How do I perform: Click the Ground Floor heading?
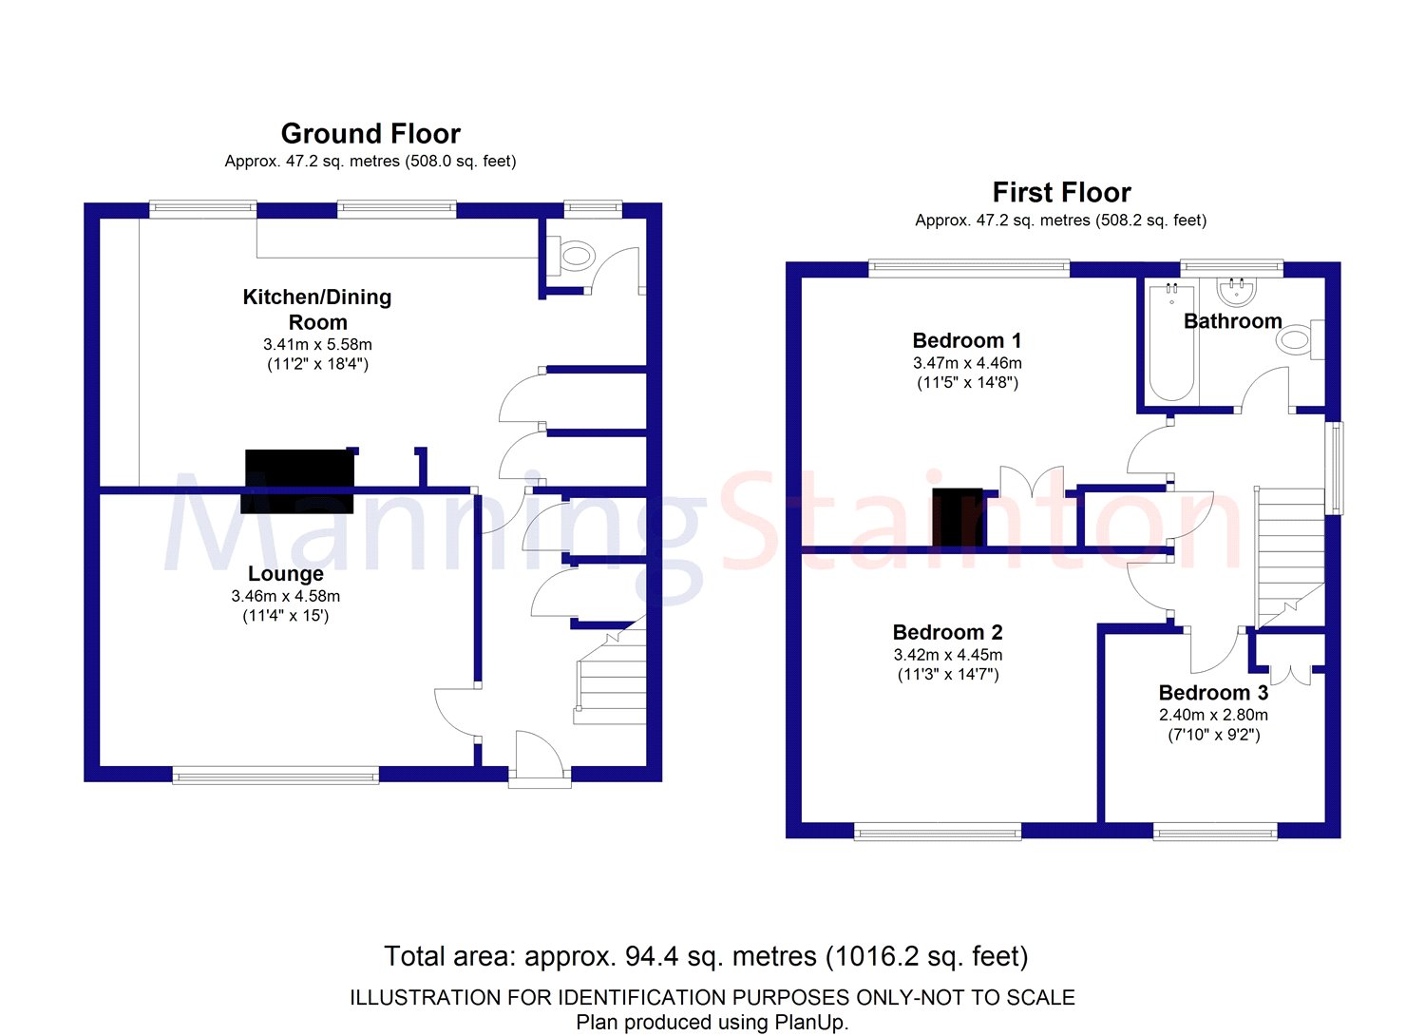[x=370, y=134]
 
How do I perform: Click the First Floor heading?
[x=1061, y=193]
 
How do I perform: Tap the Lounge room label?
[x=285, y=574]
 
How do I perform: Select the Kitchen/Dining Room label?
[x=316, y=309]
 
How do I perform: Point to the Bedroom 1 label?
[x=966, y=340]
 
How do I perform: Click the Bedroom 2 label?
[x=947, y=632]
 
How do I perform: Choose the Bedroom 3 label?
[x=1213, y=693]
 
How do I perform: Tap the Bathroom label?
[x=1232, y=321]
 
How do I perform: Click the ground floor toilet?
[x=577, y=255]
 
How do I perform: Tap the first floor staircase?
[x=1290, y=556]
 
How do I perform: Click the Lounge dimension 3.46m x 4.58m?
[x=285, y=596]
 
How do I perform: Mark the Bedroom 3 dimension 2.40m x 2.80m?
[x=1213, y=715]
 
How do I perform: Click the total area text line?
[x=706, y=956]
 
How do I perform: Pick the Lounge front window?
[x=275, y=777]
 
